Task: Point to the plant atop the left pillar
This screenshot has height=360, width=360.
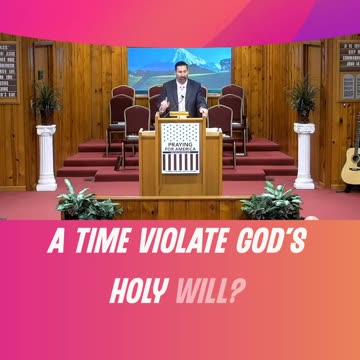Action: pos(45,103)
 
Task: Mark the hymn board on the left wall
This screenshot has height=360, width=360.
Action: pos(8,69)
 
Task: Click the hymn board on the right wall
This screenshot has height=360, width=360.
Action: pos(349,69)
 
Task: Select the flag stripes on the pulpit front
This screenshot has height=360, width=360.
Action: pos(180,162)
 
